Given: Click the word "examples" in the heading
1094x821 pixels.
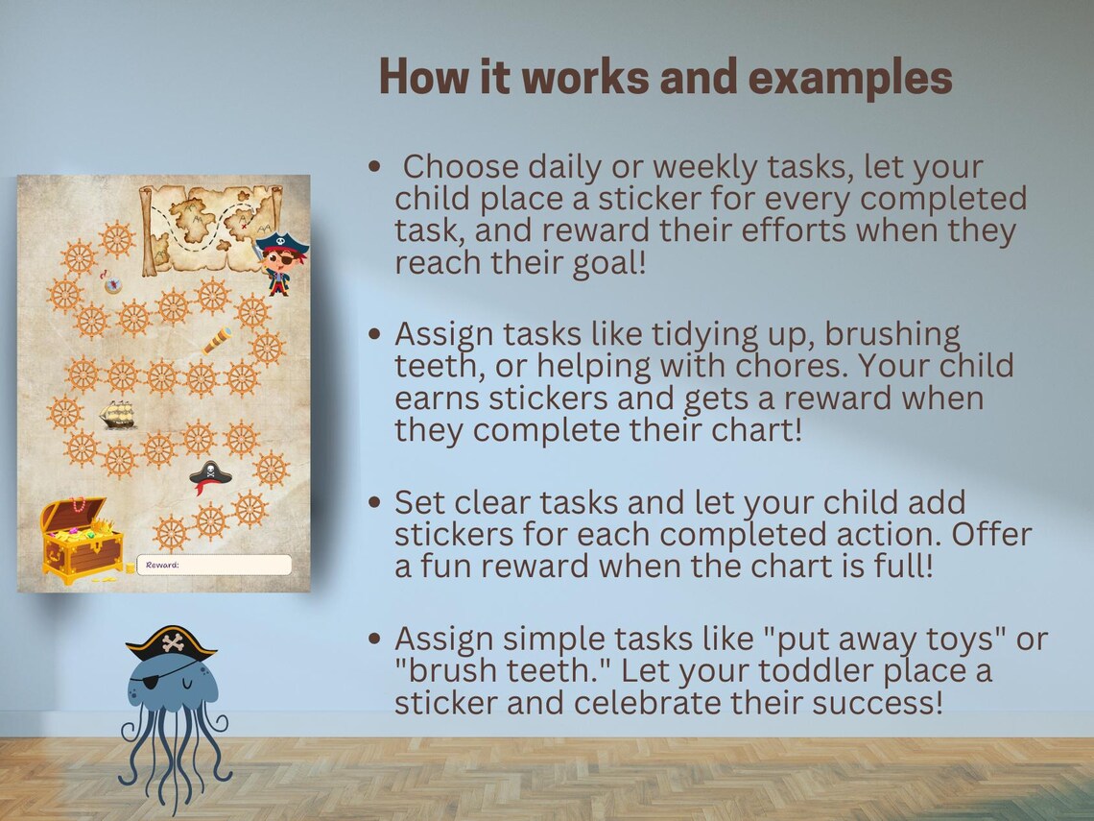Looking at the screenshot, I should [849, 78].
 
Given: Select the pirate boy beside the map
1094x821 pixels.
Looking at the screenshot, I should [280, 261].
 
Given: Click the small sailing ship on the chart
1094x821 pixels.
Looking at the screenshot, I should [118, 414].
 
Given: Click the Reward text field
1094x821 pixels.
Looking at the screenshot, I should [214, 565].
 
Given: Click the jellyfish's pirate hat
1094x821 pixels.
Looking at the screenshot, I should [171, 641].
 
